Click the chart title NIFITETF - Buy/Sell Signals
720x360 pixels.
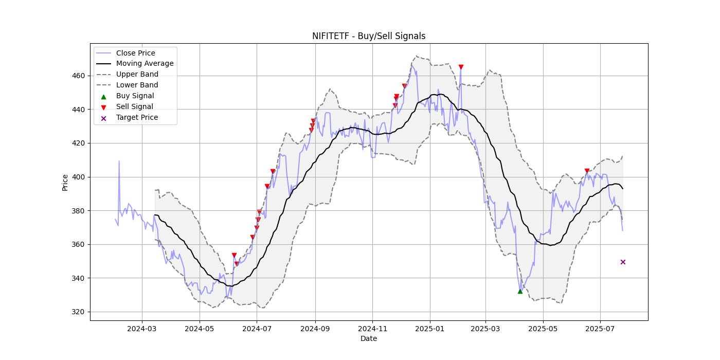point(368,36)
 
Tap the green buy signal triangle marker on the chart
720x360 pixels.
point(520,291)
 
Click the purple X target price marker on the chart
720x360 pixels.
point(623,262)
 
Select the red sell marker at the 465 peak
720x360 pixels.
point(461,67)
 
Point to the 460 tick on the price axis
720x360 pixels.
point(78,76)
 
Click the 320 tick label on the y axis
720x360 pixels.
point(78,312)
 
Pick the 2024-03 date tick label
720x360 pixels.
point(141,328)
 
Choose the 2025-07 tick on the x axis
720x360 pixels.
point(600,328)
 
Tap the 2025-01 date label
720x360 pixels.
point(429,328)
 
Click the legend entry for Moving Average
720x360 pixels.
point(145,64)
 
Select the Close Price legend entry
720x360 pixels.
point(135,53)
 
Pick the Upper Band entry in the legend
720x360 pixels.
point(137,75)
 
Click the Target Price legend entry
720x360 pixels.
point(137,117)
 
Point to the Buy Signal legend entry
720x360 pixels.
point(135,96)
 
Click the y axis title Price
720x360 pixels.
point(65,182)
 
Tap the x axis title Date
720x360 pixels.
point(368,338)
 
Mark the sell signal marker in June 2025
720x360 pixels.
point(587,171)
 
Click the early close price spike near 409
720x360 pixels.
point(119,161)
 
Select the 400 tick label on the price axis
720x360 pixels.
point(78,177)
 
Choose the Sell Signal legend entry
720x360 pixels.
point(134,107)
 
